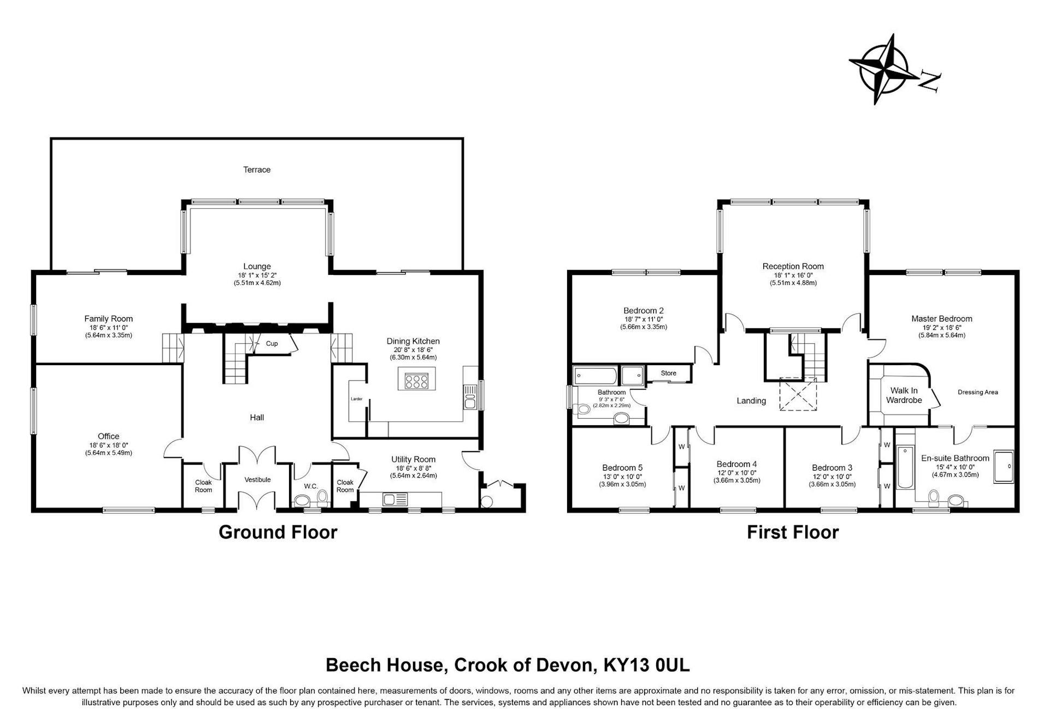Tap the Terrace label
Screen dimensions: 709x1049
tap(257, 169)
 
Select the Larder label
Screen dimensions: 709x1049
tap(356, 399)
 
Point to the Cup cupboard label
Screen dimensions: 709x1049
tap(272, 343)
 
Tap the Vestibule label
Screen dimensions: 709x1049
tap(257, 479)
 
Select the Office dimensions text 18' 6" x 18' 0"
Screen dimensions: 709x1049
tap(108, 445)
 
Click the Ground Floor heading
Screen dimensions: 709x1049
tap(278, 532)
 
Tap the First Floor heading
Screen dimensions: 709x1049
tap(792, 532)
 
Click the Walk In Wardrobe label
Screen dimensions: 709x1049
tap(904, 395)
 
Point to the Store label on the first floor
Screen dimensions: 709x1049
tap(668, 373)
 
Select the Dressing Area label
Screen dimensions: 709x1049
tap(977, 392)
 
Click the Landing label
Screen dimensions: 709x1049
tap(751, 401)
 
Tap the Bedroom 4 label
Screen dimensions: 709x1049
tap(736, 464)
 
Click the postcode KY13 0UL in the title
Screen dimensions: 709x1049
tap(646, 665)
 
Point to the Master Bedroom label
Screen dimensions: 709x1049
tap(941, 319)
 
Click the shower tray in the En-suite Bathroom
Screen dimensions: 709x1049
tap(1003, 466)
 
